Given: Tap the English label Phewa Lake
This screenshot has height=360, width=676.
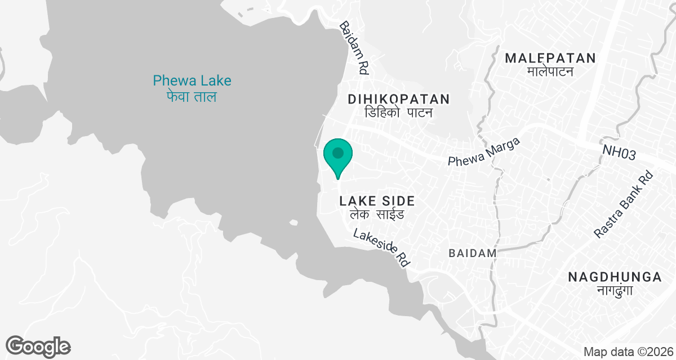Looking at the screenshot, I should (x=192, y=80).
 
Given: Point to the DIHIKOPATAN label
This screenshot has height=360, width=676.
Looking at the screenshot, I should (x=399, y=100).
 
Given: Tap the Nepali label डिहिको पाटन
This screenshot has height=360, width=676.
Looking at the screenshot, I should (x=398, y=113).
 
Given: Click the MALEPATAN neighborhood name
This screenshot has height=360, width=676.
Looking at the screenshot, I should (x=550, y=58).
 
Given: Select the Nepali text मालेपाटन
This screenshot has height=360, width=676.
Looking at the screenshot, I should (x=550, y=71).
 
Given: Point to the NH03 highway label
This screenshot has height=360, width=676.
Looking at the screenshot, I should (x=622, y=154).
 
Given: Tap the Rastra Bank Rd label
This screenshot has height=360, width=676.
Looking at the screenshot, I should (x=624, y=204).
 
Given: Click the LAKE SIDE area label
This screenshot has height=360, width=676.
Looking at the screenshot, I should (x=377, y=201).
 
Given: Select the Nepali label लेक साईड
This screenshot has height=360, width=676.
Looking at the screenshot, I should (x=377, y=215).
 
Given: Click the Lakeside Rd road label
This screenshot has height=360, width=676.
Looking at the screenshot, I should (x=380, y=247).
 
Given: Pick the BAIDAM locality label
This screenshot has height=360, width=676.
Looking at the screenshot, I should (x=473, y=253).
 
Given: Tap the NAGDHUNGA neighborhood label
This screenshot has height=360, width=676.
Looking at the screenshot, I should (x=615, y=277).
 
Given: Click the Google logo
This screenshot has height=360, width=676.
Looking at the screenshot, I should (x=38, y=346).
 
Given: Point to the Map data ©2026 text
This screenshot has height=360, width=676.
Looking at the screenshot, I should (x=628, y=352).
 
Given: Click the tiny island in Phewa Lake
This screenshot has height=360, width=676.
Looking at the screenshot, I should (x=292, y=223).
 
